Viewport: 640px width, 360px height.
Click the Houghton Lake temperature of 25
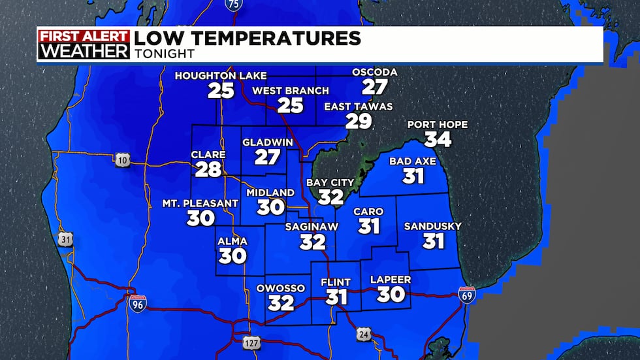click(221, 90)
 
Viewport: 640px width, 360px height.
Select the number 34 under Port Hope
click(438, 139)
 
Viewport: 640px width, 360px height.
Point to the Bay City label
click(330, 183)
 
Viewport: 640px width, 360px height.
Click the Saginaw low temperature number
click(313, 242)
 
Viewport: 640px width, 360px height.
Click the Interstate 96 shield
click(136, 302)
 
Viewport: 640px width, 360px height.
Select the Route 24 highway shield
click(364, 334)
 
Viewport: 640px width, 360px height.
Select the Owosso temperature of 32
click(281, 303)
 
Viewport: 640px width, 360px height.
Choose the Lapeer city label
click(391, 280)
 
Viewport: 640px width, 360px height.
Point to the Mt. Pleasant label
click(200, 203)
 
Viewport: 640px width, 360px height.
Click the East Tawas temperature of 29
click(359, 121)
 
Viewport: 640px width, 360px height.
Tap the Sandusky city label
click(433, 226)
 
